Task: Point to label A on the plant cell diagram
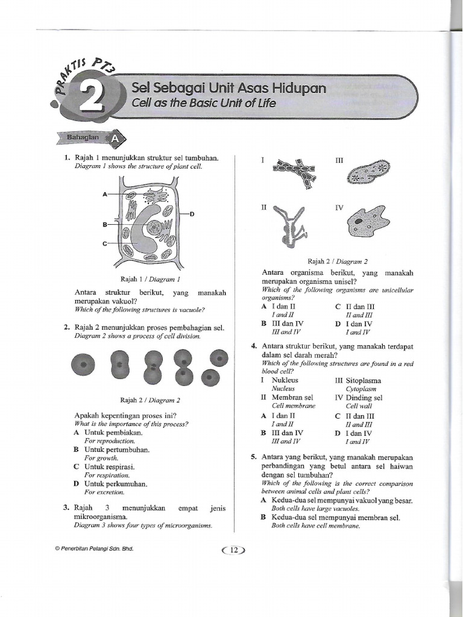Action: (105, 195)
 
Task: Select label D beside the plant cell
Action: (192, 214)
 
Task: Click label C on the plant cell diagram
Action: (105, 243)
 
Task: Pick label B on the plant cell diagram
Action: (105, 224)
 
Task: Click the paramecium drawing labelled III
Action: (368, 172)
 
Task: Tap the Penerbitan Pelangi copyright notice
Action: (94, 550)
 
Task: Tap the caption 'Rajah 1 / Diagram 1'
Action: (150, 279)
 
